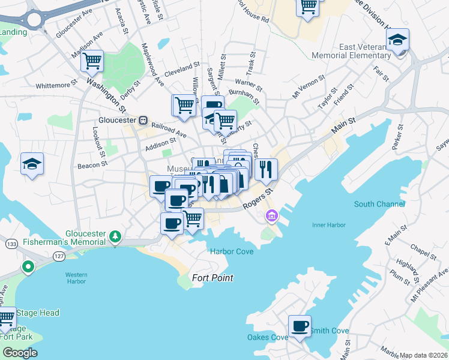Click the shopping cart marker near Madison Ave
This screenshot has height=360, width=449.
pos(92,60)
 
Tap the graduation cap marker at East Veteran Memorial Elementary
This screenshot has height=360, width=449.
pos(397,40)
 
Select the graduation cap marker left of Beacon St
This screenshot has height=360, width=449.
pos(32,164)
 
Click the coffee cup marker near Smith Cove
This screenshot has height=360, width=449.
pos(300,326)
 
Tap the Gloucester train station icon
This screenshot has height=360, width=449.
pos(143,119)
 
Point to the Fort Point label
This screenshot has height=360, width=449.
pos(212,278)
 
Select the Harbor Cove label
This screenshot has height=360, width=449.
pos(231,251)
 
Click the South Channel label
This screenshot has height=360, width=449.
pos(379,204)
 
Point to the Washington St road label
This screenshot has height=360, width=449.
pos(106,95)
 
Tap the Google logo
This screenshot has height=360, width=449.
pos(20,353)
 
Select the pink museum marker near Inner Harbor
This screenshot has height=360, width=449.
pos(271,215)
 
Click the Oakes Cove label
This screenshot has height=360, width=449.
pos(267,337)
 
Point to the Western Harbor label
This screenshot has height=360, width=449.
pos(76,278)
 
